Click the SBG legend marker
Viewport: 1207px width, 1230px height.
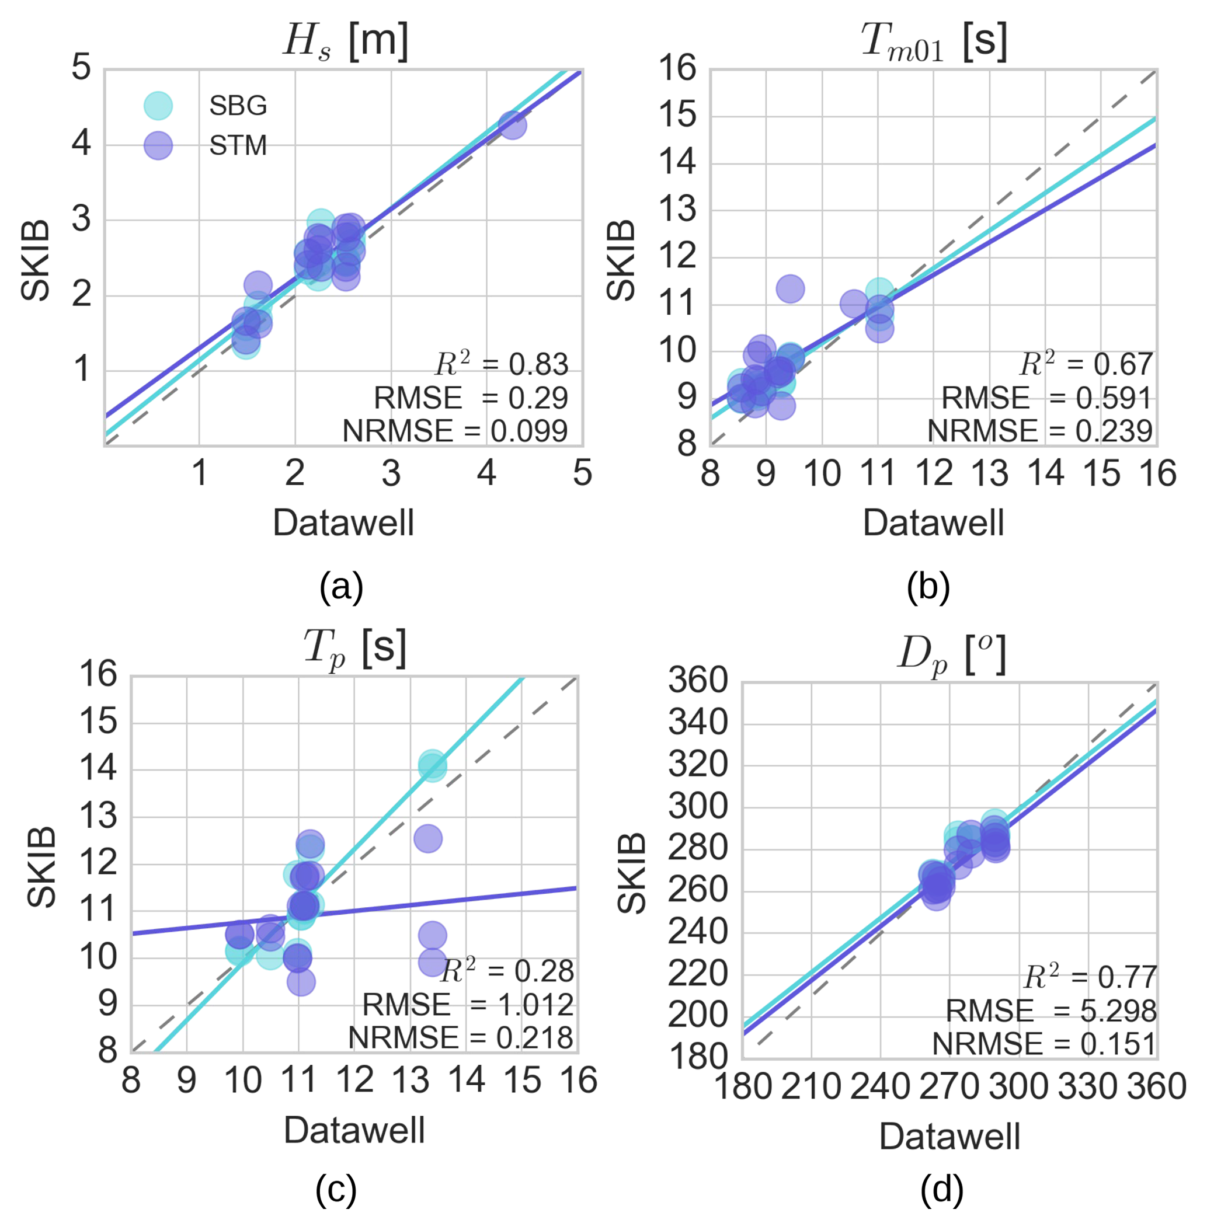(x=158, y=105)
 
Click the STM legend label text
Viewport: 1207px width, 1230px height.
(x=238, y=146)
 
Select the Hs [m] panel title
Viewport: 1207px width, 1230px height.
(x=346, y=41)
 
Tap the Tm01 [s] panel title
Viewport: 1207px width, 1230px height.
(x=934, y=41)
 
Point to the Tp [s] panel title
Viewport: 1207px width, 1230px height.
(x=355, y=648)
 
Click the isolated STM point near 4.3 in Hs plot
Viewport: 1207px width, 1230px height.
(x=512, y=125)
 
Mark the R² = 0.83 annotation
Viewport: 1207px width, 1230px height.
(x=501, y=364)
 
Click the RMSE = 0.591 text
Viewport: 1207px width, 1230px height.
(x=1046, y=398)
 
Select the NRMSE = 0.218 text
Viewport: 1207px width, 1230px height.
(x=461, y=1038)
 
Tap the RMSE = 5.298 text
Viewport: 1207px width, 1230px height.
(x=1051, y=1011)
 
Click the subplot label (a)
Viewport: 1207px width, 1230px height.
(x=341, y=587)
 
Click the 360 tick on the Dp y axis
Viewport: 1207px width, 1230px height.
(x=697, y=682)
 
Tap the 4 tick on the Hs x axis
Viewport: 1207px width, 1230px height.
(x=486, y=473)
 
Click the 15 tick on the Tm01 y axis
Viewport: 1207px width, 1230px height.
(x=678, y=116)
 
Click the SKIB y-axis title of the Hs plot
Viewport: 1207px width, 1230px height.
(x=36, y=260)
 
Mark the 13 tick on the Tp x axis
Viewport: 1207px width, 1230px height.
(x=410, y=1081)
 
